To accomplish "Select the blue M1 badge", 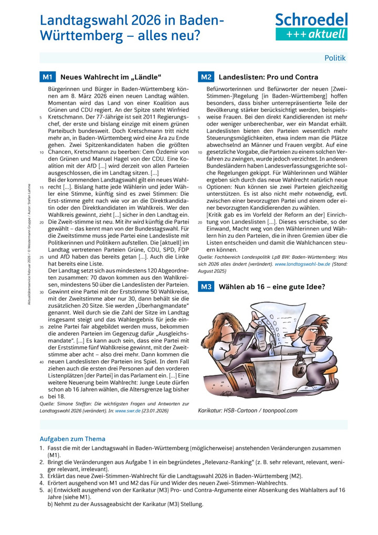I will pyautogui.click(x=47, y=77).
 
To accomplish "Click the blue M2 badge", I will pyautogui.click(x=206, y=77).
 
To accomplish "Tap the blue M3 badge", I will pyautogui.click(x=206, y=287).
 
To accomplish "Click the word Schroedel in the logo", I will pyautogui.click(x=311, y=20).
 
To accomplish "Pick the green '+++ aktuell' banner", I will pyautogui.click(x=311, y=34).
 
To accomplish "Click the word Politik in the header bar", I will pyautogui.click(x=335, y=58).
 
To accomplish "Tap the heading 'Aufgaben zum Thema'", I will pyautogui.click(x=72, y=438).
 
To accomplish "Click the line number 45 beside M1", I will pyautogui.click(x=41, y=396).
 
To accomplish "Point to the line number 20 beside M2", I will pyautogui.click(x=199, y=222).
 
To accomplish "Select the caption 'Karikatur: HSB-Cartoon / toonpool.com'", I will pyautogui.click(x=248, y=410).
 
